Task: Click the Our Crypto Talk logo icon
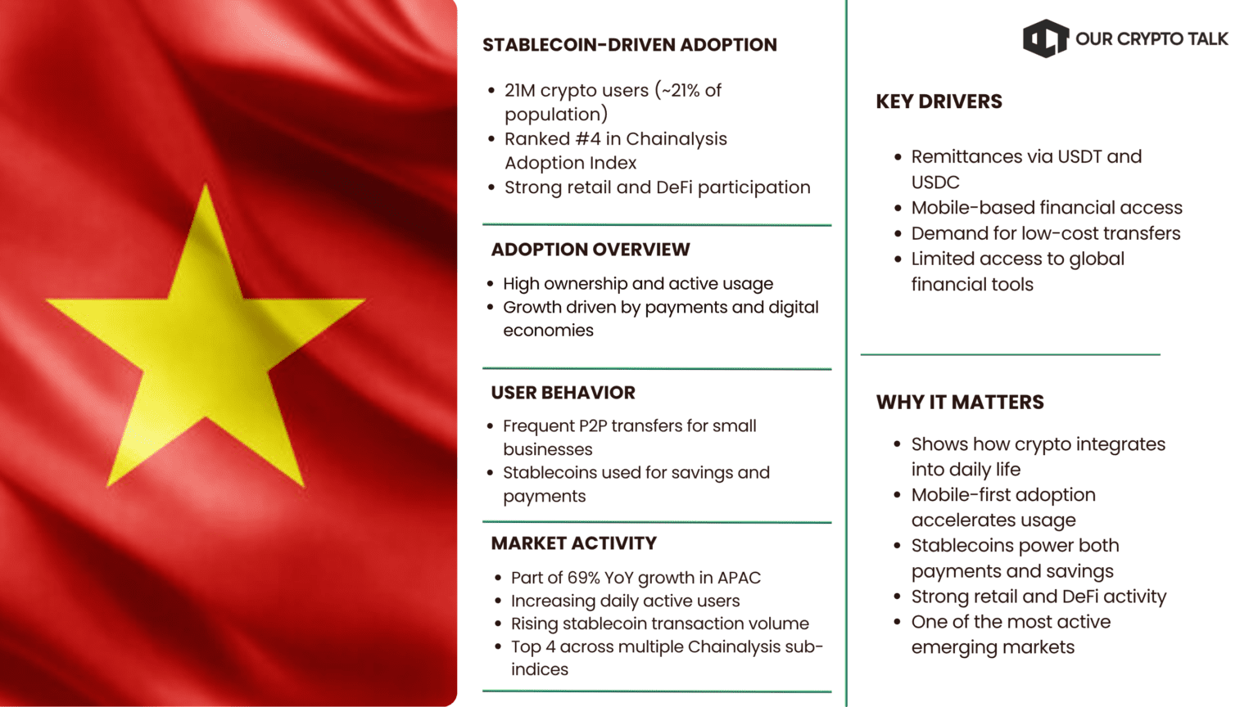click(x=1045, y=38)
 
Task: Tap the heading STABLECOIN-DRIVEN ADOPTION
click(x=629, y=45)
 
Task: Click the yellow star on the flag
click(x=205, y=344)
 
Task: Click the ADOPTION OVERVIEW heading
click(x=590, y=250)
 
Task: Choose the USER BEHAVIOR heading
click(x=563, y=393)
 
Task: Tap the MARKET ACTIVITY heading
click(x=573, y=543)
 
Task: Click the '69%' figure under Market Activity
click(x=584, y=578)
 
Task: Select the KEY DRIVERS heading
click(x=939, y=101)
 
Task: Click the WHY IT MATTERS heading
click(x=960, y=403)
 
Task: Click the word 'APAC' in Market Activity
click(x=739, y=578)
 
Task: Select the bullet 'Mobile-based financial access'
click(x=1046, y=208)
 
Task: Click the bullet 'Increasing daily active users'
click(x=625, y=601)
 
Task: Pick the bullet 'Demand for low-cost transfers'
click(x=1045, y=233)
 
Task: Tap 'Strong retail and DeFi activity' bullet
click(x=1039, y=597)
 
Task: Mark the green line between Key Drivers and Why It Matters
click(x=1010, y=354)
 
